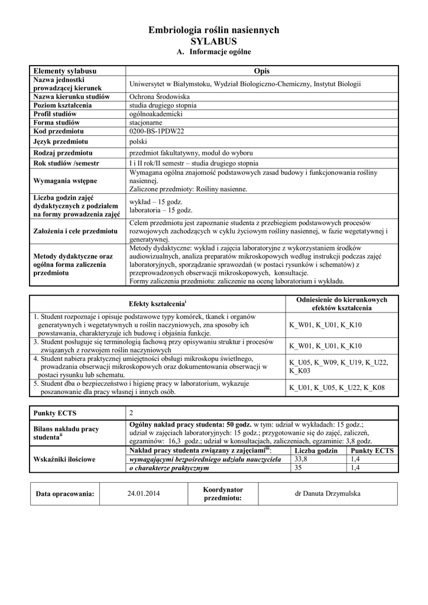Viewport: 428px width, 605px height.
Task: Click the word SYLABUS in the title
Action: pyautogui.click(x=213, y=41)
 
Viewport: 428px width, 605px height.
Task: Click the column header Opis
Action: pyautogui.click(x=261, y=71)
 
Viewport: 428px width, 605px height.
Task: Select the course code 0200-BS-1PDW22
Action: pyautogui.click(x=157, y=131)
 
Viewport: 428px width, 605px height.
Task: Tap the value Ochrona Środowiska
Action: pyautogui.click(x=158, y=96)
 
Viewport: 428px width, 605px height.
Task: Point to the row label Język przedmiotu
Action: pyautogui.click(x=60, y=142)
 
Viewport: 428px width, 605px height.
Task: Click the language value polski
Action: pyautogui.click(x=138, y=142)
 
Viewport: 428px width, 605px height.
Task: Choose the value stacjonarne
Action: pyautogui.click(x=145, y=122)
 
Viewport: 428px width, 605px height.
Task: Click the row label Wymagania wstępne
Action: pyautogui.click(x=66, y=180)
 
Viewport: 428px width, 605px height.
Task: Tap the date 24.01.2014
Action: pyautogui.click(x=143, y=493)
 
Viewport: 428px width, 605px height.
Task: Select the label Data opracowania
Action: pyautogui.click(x=64, y=494)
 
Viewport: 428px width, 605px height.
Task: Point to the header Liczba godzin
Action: pyautogui.click(x=316, y=450)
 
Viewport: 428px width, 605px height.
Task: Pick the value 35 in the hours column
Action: pyautogui.click(x=298, y=467)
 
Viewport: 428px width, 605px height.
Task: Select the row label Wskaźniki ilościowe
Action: pyautogui.click(x=64, y=459)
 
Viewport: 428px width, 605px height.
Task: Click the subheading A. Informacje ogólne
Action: pyautogui.click(x=214, y=52)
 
